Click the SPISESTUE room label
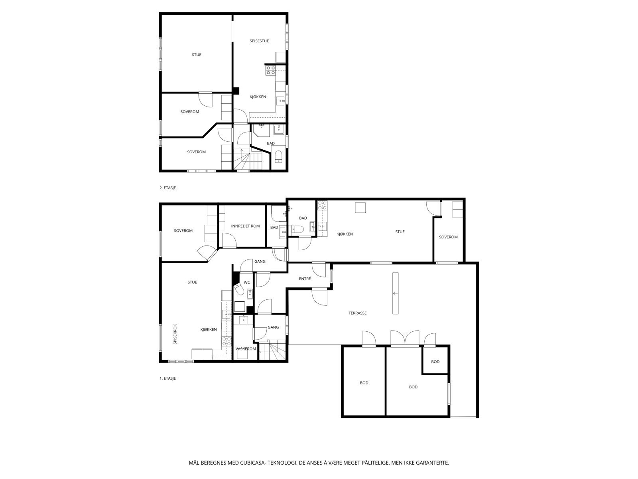point(259,41)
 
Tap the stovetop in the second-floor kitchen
point(271,71)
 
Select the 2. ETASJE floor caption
point(167,188)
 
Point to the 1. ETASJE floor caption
point(167,378)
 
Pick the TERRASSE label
point(357,313)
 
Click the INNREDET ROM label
point(245,226)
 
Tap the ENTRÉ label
point(305,279)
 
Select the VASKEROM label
point(246,348)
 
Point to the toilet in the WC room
point(239,289)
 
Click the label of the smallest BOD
point(435,362)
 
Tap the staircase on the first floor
point(273,352)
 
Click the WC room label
point(247,282)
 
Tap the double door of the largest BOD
point(405,338)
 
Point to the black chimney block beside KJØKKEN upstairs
point(236,91)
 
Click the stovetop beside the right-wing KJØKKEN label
point(322,206)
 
